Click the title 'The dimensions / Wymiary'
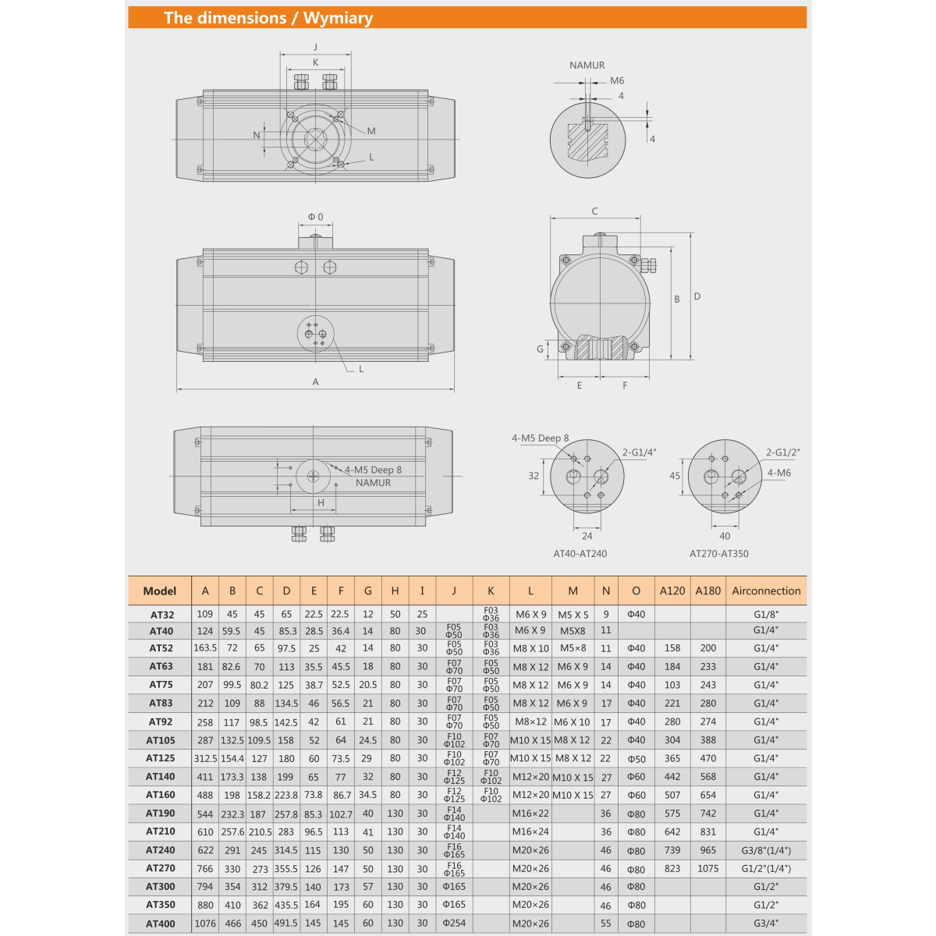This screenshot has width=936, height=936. tap(268, 18)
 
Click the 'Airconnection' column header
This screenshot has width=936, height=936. tap(766, 590)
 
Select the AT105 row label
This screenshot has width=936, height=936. tap(161, 740)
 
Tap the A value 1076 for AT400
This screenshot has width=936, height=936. tap(205, 924)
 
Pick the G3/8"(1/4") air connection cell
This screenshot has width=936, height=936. tap(766, 850)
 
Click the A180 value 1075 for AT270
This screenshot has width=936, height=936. tap(707, 868)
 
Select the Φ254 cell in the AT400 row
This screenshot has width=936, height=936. tap(454, 923)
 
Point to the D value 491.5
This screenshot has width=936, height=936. tap(286, 924)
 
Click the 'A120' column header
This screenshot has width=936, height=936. tap(672, 590)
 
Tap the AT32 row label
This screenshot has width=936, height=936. tap(161, 615)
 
